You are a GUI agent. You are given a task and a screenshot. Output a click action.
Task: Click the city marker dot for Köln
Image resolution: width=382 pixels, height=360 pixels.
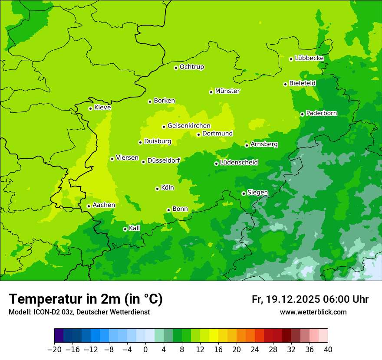coord(157,189)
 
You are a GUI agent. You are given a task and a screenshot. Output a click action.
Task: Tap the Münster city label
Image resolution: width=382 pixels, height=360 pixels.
coord(227,91)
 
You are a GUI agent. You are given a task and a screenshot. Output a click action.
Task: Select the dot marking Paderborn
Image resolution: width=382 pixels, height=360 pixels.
coord(302,114)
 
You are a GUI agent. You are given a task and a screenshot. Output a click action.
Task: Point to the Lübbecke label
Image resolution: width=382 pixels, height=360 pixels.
coord(309,58)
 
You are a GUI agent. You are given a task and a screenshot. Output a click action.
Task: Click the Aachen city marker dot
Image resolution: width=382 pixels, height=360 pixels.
coord(89,206)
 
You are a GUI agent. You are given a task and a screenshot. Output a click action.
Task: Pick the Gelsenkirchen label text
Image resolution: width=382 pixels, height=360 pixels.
coord(189,126)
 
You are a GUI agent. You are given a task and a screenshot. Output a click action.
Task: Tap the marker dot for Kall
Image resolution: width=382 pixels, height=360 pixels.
coord(125,229)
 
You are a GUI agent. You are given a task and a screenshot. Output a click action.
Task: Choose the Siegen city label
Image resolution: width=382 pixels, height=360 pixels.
coord(257,193)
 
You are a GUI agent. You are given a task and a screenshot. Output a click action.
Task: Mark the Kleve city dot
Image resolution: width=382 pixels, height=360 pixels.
coord(90,108)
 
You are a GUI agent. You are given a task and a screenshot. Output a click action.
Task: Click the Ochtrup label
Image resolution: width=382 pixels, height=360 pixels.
coord(191,67)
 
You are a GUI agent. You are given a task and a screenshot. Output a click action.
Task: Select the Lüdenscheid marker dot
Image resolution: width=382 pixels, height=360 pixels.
coord(216,164)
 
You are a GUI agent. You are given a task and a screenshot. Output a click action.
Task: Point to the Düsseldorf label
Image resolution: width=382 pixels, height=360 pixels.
coord(163,160)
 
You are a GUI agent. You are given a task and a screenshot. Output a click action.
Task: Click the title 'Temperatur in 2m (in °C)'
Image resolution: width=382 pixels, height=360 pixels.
coord(86,299)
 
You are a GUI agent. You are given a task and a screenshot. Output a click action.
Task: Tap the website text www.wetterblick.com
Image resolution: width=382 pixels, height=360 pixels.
coord(313,312)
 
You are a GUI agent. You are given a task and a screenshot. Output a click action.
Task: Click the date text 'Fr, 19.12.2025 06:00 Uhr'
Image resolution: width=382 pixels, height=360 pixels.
coord(310,299)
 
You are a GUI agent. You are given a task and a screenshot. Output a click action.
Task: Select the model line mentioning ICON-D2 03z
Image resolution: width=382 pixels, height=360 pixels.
coord(79,312)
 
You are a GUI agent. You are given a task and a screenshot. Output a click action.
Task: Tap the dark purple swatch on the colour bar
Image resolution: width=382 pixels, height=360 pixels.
coord(59,336)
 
